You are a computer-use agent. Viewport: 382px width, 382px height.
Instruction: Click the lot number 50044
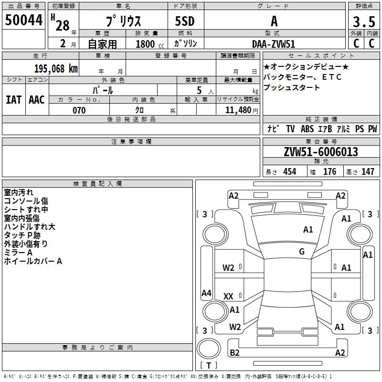[x=23, y=20]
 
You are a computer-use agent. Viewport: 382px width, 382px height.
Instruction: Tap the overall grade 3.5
[x=364, y=21]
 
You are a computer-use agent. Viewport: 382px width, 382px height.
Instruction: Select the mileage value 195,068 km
[x=56, y=69]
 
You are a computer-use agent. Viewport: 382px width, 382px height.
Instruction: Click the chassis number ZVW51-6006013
[x=321, y=151]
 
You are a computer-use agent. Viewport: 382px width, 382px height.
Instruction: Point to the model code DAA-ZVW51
[x=274, y=44]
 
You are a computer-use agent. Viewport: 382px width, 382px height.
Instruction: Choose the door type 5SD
[x=185, y=21]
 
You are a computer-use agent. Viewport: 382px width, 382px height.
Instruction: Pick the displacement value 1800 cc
[x=150, y=44]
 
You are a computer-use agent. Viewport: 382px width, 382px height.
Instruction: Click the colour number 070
[x=79, y=110]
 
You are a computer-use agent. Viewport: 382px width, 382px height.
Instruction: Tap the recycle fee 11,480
[x=238, y=110]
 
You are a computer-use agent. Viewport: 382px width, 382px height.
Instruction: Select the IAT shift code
[x=13, y=100]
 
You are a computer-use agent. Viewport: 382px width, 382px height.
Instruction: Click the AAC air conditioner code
[x=37, y=100]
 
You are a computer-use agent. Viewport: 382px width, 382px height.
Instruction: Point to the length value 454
[x=290, y=171]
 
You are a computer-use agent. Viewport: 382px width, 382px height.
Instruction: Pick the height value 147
[x=368, y=171]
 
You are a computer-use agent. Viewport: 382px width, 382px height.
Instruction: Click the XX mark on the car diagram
[x=228, y=296]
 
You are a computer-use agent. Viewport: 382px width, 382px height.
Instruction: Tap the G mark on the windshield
[x=302, y=252]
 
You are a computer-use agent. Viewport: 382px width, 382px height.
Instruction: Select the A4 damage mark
[x=206, y=293]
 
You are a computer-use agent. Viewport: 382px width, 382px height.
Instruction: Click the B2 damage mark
[x=234, y=352]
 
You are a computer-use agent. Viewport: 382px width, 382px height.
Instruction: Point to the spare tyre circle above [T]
[x=208, y=349]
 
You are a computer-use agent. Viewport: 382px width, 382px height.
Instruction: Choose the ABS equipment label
[x=307, y=128]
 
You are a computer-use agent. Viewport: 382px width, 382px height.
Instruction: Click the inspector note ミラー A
[x=18, y=253]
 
